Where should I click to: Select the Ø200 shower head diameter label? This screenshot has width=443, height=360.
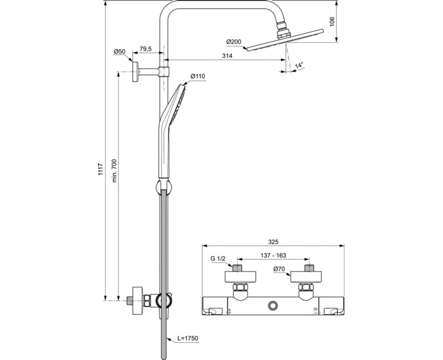[234, 42]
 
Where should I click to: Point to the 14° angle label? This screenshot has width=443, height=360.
[300, 66]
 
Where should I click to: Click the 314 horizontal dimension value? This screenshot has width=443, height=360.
[226, 55]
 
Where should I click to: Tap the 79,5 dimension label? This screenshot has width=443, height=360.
[146, 49]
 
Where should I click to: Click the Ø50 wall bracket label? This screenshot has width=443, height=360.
[120, 52]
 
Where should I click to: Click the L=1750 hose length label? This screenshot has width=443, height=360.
[188, 338]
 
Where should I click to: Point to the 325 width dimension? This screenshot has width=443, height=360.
[273, 241]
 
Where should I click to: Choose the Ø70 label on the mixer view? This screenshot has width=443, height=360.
[280, 270]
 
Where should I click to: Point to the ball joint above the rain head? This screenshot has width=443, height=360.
[285, 26]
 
